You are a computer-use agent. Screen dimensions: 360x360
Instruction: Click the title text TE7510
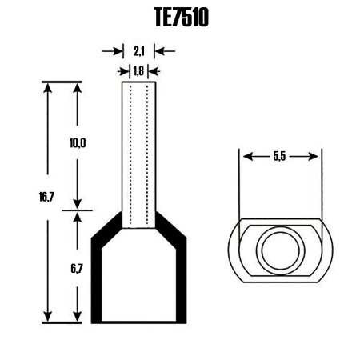pos(180,18)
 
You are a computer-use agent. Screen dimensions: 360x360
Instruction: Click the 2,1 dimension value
pos(138,51)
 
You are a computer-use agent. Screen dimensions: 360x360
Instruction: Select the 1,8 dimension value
pos(138,70)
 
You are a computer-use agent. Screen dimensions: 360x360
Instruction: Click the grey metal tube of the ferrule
pos(139,152)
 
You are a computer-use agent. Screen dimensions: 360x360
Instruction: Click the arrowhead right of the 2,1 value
pos(159,51)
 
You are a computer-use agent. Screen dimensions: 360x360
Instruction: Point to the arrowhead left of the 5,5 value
pos(245,157)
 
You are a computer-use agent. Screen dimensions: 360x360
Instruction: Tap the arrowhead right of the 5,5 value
pos(315,157)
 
